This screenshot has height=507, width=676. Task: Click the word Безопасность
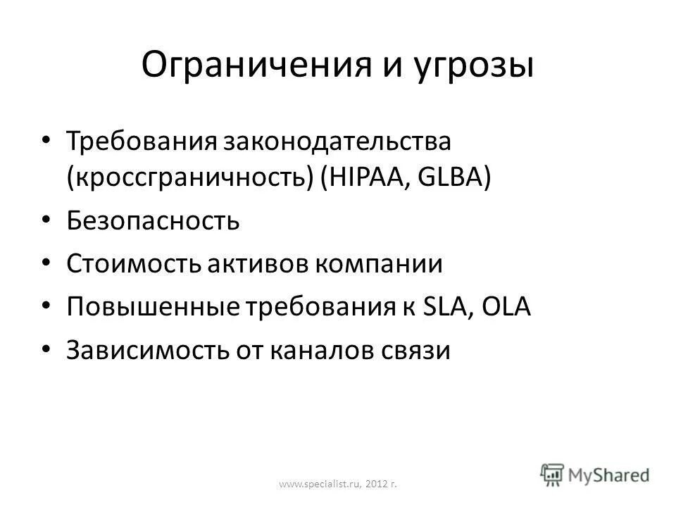(154, 221)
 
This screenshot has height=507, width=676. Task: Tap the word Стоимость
(134, 265)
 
